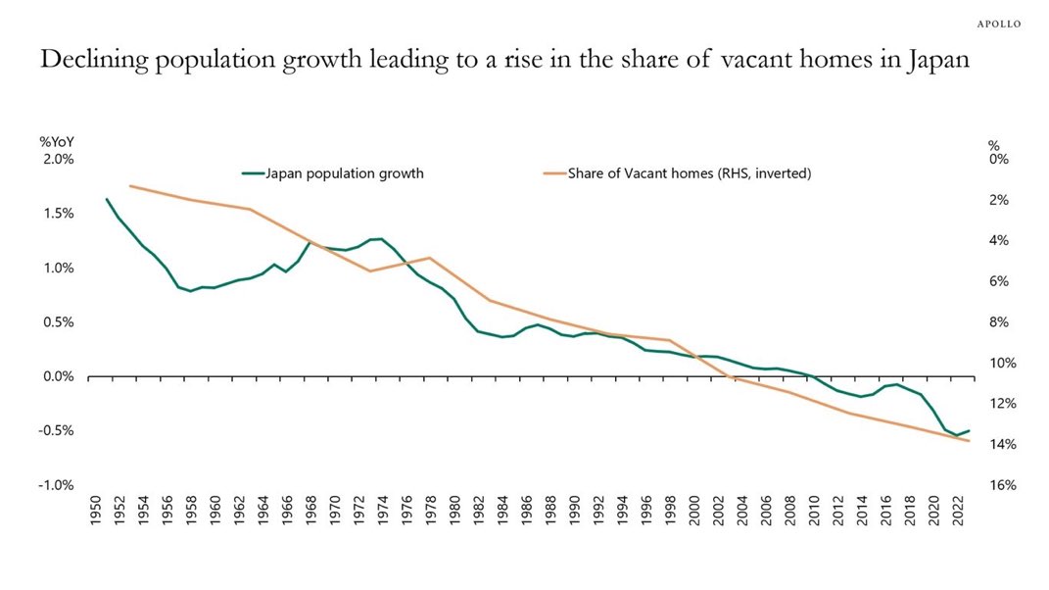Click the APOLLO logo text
click(999, 25)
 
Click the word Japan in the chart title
click(938, 60)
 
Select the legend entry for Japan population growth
click(333, 173)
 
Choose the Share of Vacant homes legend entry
click(678, 173)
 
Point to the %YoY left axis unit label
click(57, 142)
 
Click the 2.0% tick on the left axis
click(58, 160)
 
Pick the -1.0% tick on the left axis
click(56, 485)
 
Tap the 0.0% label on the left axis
click(59, 376)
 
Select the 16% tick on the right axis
click(1003, 485)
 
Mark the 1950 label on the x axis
click(95, 511)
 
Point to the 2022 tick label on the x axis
click(957, 511)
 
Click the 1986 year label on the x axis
click(527, 511)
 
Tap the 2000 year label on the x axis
click(693, 511)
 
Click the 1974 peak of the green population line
click(381, 238)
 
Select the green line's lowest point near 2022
click(957, 435)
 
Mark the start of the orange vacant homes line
click(130, 185)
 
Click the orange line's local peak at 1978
click(429, 258)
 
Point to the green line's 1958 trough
click(191, 291)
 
